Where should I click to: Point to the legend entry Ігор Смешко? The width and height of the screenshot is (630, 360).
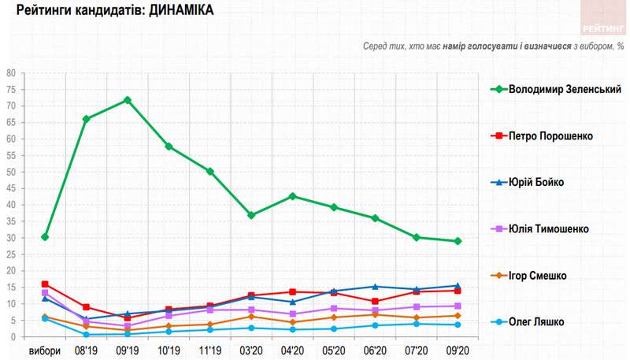(x=543, y=275)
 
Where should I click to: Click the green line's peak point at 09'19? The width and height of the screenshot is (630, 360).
(x=127, y=100)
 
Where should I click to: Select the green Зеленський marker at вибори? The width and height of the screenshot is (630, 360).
(x=45, y=237)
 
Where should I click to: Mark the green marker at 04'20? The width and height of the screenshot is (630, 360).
(x=292, y=196)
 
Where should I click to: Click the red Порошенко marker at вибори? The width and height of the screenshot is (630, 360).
(x=45, y=284)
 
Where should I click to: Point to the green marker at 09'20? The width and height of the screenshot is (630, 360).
(x=457, y=241)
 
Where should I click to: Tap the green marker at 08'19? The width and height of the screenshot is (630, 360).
(x=86, y=119)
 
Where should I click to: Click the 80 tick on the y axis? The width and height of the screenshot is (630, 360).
(x=11, y=73)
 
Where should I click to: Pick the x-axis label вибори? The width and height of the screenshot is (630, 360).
(x=45, y=351)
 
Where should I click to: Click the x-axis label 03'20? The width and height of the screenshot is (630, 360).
(x=250, y=351)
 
